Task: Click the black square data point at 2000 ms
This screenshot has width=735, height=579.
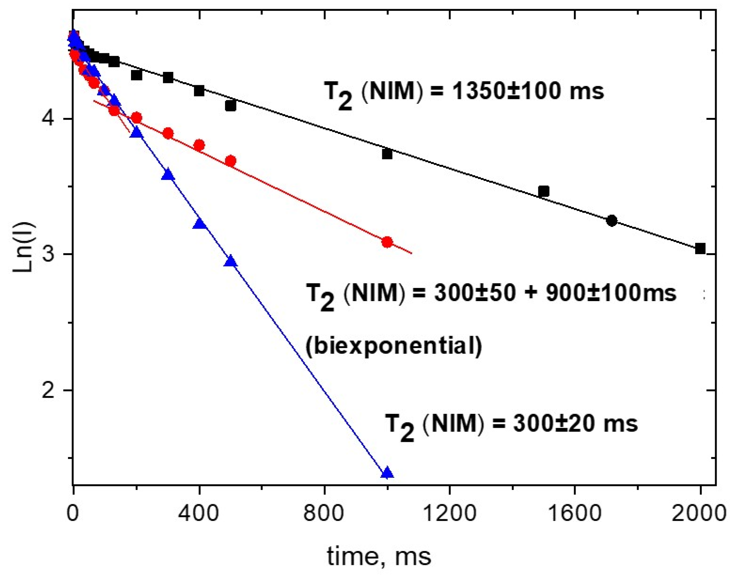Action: point(700,249)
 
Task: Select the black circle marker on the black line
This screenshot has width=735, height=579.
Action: point(612,221)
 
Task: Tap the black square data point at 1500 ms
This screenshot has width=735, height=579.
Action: point(544,191)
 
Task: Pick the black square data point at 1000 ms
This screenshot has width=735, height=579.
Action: point(387,154)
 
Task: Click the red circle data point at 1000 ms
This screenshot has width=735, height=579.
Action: point(387,242)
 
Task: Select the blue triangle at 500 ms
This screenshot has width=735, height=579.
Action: point(231,261)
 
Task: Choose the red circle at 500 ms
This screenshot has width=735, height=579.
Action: point(231,161)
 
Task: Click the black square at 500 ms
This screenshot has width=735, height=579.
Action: point(231,106)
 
